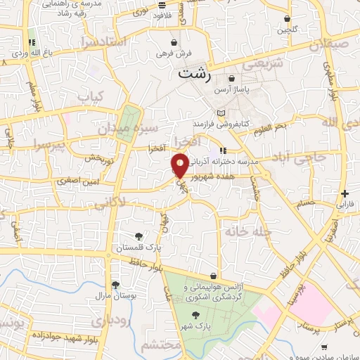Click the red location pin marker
(180, 165)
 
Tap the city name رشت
(194, 72)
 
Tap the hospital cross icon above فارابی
(344, 193)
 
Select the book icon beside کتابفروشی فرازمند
(221, 113)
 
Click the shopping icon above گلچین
(286, 19)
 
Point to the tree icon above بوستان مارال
(115, 285)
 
